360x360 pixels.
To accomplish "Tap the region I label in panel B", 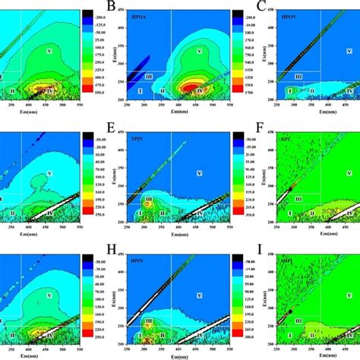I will tap(140, 90).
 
